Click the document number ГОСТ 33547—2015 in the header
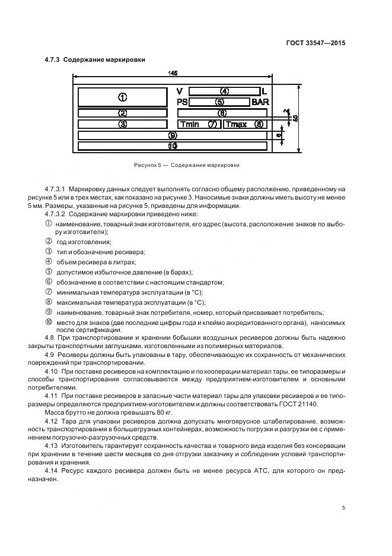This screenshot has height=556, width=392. [x=314, y=43]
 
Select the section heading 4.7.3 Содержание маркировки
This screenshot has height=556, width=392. [x=95, y=59]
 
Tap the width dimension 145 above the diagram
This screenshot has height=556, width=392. [x=173, y=73]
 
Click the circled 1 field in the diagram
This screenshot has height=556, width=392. [x=122, y=97]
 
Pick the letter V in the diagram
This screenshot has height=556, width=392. [x=180, y=91]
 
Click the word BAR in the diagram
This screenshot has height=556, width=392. [x=260, y=102]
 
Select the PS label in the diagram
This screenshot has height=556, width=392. [x=182, y=102]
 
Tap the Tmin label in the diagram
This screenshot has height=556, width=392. [x=190, y=124]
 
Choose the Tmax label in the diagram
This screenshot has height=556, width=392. [x=236, y=124]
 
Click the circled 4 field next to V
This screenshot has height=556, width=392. [x=224, y=91]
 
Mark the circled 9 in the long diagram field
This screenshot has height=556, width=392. [x=173, y=135]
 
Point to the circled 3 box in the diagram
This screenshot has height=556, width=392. [x=122, y=124]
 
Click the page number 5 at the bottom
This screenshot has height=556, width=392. [x=343, y=508]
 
